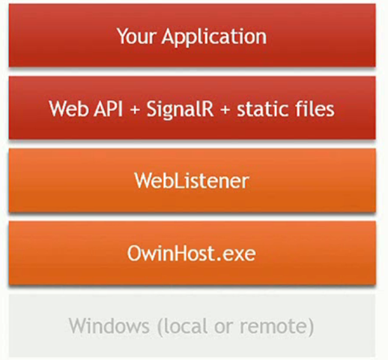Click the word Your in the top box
tap(136, 36)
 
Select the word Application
tap(214, 37)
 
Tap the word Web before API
tap(68, 109)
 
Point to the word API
tap(109, 109)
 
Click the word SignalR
tap(180, 109)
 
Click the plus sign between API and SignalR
tap(135, 109)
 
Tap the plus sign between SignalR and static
tap(225, 109)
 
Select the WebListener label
tap(192, 181)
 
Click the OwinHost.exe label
tap(192, 253)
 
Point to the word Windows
tap(109, 325)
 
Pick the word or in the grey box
tap(224, 328)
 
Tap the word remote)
tap(276, 326)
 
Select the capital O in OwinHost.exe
tap(135, 253)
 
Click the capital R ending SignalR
tap(207, 109)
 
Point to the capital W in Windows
tap(79, 325)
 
